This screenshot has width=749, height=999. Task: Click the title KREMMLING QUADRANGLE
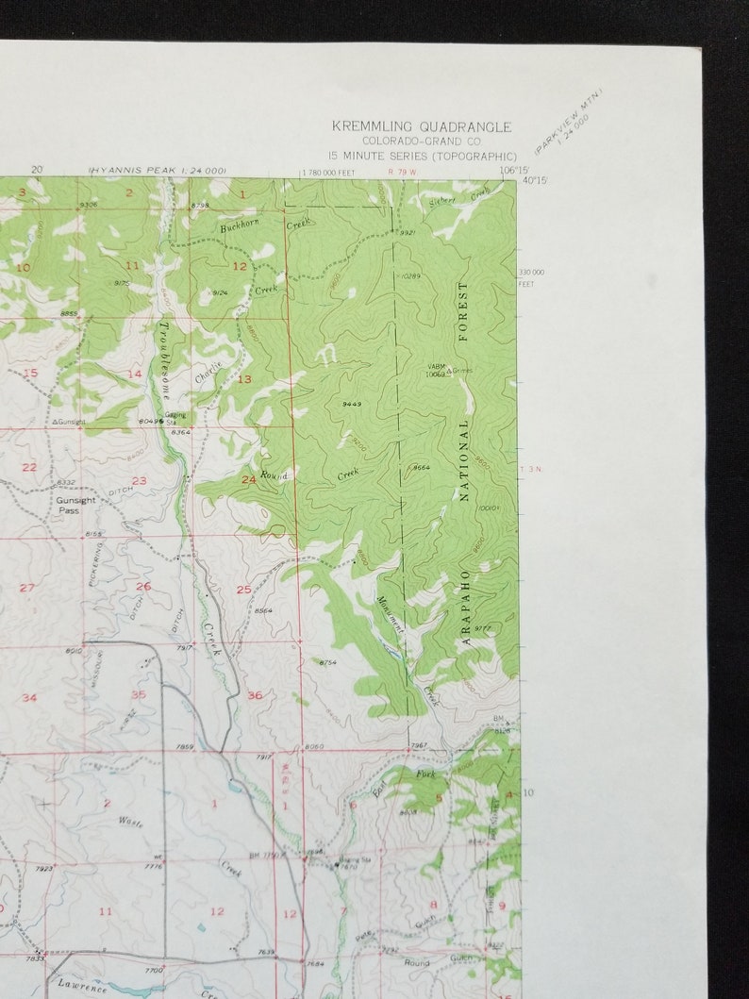(x=421, y=126)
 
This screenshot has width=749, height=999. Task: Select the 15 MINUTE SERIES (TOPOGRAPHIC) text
(x=422, y=156)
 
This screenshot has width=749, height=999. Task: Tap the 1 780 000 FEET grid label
(x=339, y=173)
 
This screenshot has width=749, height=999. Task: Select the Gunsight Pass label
(x=75, y=505)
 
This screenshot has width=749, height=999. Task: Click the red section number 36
(x=255, y=695)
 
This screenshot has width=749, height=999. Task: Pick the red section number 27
(x=27, y=588)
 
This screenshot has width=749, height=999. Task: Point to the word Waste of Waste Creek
(x=131, y=822)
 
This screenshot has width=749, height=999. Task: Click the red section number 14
(x=135, y=374)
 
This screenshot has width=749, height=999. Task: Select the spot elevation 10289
(x=409, y=276)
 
